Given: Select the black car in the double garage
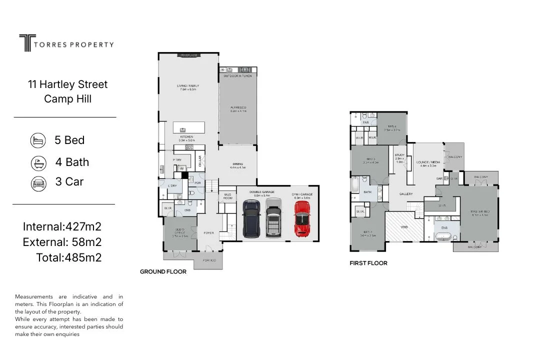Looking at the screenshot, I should [x=250, y=219].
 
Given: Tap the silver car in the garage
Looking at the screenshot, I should [x=273, y=217].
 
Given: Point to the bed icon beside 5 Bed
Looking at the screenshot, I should [x=38, y=140].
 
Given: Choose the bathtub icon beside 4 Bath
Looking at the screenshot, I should [x=38, y=162].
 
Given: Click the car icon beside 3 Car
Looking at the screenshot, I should [x=38, y=182].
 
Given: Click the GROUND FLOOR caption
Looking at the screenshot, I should [x=163, y=272].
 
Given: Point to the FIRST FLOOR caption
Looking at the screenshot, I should [x=368, y=263].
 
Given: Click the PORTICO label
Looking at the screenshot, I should [x=209, y=260].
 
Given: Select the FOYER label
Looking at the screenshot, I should [x=209, y=233].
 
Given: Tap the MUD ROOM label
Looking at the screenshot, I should [x=228, y=196].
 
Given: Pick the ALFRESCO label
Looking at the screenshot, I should [x=237, y=108].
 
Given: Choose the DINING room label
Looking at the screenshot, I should [x=237, y=164].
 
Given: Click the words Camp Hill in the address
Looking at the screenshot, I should [x=67, y=98].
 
